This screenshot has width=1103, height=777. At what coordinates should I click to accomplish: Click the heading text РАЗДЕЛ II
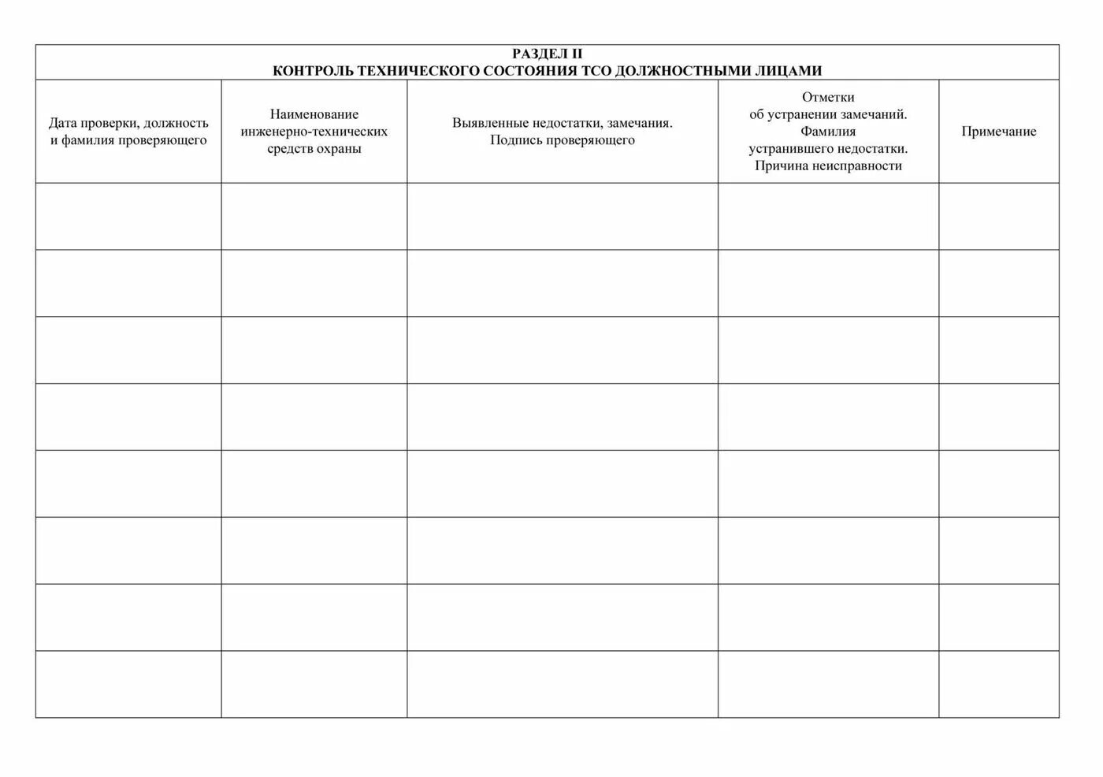[x=547, y=54]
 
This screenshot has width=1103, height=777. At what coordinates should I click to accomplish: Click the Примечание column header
[x=998, y=132]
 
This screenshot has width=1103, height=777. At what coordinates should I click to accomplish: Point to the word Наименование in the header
[x=314, y=114]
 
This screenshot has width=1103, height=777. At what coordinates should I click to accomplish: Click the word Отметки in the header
[x=828, y=98]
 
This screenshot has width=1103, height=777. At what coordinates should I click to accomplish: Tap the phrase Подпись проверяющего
[x=562, y=140]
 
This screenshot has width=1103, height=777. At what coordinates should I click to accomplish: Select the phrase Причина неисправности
[x=828, y=165]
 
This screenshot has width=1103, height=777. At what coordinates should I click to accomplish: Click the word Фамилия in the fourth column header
[x=828, y=132]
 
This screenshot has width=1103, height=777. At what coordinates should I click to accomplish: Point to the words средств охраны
[x=314, y=149]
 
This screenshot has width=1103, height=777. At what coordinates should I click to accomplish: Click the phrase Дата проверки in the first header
[x=94, y=123]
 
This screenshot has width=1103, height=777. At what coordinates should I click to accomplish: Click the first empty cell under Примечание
[x=998, y=217]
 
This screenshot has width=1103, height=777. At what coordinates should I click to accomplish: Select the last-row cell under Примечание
[x=998, y=684]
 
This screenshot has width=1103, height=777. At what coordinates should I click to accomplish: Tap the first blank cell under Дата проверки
[x=128, y=217]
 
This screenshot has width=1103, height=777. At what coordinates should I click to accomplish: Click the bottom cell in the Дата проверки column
[x=128, y=684]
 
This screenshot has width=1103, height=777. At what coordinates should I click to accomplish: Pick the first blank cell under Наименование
[x=314, y=217]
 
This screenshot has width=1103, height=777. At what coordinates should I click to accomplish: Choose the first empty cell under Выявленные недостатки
[x=562, y=217]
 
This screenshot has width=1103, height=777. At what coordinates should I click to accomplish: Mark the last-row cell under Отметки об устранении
[x=828, y=684]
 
